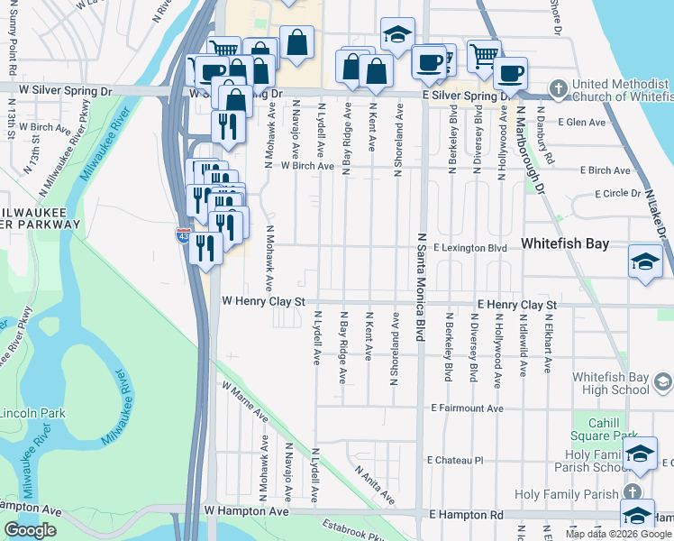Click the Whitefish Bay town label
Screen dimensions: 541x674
(565, 244)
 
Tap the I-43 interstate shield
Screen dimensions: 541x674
(183, 236)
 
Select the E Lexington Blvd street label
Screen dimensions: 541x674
(469, 247)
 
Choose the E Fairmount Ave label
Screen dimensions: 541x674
(467, 408)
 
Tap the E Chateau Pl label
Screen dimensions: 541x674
(457, 460)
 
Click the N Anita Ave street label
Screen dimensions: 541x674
(374, 484)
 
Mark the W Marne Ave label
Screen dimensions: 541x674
(246, 402)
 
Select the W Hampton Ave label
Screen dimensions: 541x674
(246, 511)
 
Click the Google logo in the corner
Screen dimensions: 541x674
(31, 530)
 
